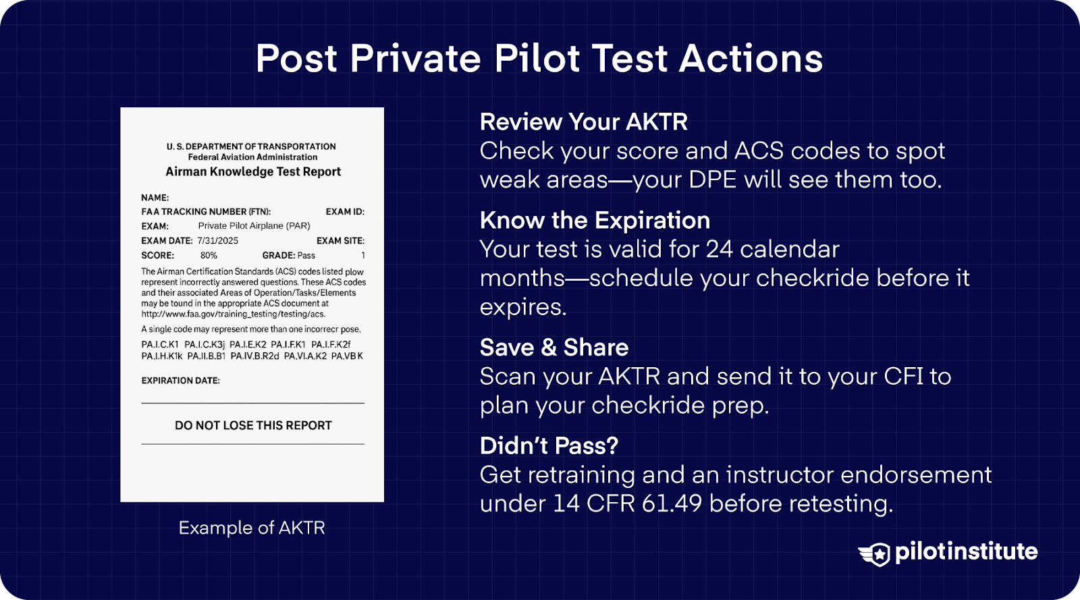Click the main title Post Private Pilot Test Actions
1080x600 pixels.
click(539, 59)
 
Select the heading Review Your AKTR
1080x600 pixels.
click(583, 122)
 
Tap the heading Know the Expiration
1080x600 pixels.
click(595, 221)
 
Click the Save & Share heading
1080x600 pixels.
click(553, 348)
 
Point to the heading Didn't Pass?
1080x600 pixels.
click(549, 446)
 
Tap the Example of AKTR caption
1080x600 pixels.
click(252, 528)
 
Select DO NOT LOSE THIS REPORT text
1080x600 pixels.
click(253, 426)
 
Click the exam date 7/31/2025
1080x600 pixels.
click(217, 241)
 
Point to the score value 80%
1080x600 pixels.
click(209, 256)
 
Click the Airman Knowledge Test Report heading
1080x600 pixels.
click(253, 172)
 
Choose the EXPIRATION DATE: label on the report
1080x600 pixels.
click(180, 381)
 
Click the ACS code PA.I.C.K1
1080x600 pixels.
click(160, 345)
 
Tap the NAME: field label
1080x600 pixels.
click(155, 198)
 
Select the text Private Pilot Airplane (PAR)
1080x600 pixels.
click(254, 226)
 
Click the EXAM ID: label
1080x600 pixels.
click(344, 212)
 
